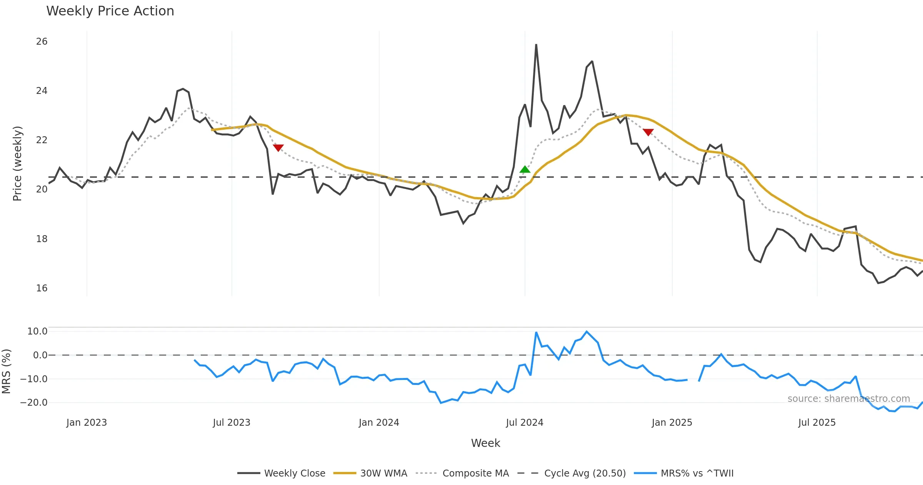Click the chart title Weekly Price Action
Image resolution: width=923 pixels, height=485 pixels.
[110, 11]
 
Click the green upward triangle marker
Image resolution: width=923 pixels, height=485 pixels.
[525, 169]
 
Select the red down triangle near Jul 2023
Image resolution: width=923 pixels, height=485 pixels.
[278, 148]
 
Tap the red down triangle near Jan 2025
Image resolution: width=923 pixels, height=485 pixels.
[648, 132]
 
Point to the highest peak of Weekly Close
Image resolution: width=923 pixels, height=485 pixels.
[536, 45]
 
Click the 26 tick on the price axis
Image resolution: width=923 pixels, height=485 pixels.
[42, 42]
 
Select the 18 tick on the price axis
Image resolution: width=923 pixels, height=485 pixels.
[42, 239]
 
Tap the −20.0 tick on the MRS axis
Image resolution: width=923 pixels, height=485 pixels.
[34, 403]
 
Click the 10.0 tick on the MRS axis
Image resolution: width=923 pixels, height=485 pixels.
[37, 331]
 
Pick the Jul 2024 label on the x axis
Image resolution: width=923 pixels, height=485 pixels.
[525, 423]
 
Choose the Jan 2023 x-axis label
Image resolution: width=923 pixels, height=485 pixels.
[87, 423]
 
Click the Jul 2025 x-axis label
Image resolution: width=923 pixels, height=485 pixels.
[817, 423]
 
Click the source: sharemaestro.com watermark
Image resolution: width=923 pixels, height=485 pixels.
[848, 399]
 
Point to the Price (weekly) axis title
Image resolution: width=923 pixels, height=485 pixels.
[17, 164]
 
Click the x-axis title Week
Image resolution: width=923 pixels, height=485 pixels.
[485, 443]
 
